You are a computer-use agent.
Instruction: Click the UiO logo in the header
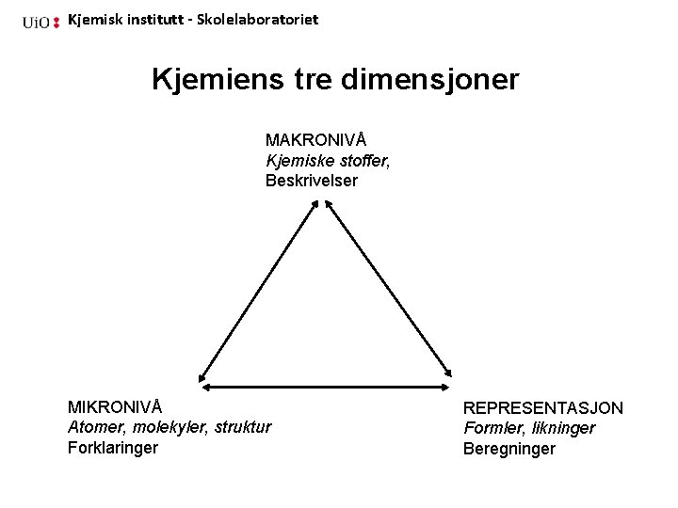pyautogui.click(x=41, y=21)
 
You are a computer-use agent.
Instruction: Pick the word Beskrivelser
pyautogui.click(x=312, y=181)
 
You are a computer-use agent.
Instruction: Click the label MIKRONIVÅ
pyautogui.click(x=115, y=407)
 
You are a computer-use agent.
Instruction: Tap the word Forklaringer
pyautogui.click(x=113, y=448)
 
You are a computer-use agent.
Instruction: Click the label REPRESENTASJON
pyautogui.click(x=542, y=408)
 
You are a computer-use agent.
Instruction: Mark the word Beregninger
pyautogui.click(x=509, y=449)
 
